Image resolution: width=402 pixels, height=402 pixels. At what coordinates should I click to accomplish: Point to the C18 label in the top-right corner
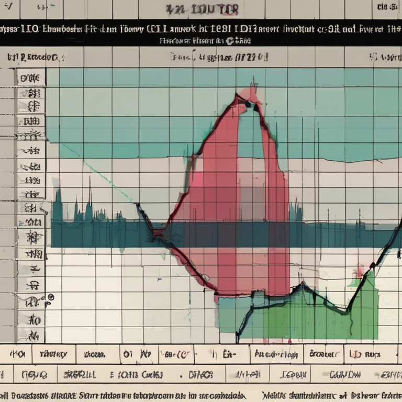(x=387, y=7)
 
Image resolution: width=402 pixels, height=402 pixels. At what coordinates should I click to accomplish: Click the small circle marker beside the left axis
(x=50, y=297)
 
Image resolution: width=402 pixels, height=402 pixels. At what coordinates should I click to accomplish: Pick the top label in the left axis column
(x=30, y=79)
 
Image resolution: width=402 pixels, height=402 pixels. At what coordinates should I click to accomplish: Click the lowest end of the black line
(x=238, y=340)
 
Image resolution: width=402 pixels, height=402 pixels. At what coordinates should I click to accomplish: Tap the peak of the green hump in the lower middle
(x=302, y=285)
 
